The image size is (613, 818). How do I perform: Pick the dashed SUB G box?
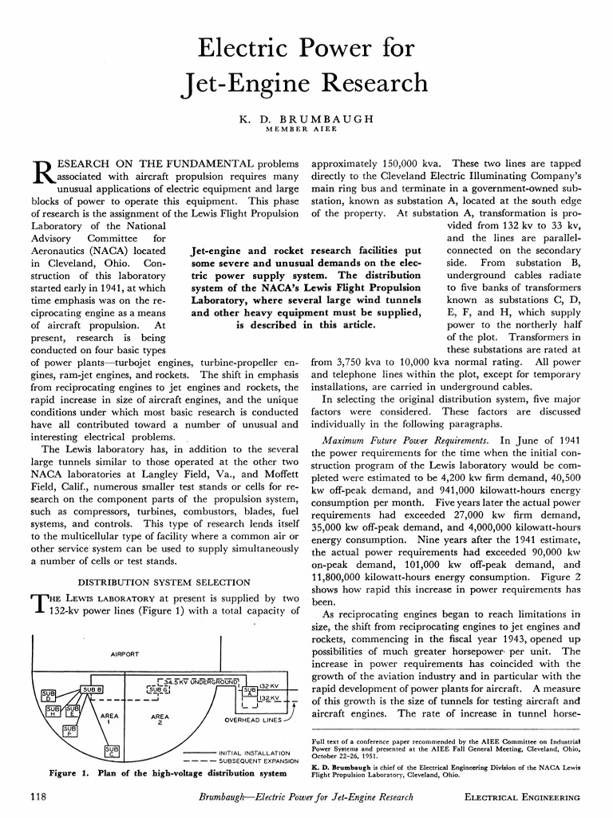pyautogui.click(x=157, y=689)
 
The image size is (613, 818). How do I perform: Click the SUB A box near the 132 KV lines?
pyautogui.click(x=248, y=691)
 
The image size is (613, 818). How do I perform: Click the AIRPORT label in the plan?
pyautogui.click(x=125, y=653)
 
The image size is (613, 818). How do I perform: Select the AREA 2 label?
pyautogui.click(x=160, y=719)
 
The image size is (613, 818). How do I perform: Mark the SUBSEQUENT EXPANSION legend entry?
pyautogui.click(x=254, y=761)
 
